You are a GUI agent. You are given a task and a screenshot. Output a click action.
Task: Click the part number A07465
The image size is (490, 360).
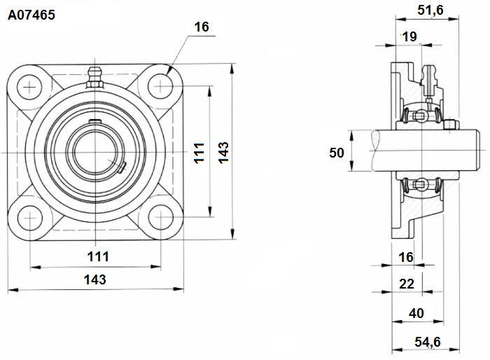(x=31, y=15)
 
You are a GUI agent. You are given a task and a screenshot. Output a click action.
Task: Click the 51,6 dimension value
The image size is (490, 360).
(x=430, y=10)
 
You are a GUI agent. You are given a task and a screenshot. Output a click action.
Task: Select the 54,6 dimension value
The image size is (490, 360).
(x=428, y=342)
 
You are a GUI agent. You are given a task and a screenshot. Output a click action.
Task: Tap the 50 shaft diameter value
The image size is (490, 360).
(x=336, y=153)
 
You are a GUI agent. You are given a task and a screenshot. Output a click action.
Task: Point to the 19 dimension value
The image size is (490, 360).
(x=409, y=37)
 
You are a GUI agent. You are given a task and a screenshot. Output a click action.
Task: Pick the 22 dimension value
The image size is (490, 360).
(x=407, y=284)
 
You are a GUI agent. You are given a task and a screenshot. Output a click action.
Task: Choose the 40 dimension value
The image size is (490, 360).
(x=416, y=313)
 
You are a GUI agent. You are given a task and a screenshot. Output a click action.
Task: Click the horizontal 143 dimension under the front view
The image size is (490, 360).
(x=95, y=279)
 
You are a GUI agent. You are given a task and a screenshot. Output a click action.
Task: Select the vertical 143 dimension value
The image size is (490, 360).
(x=223, y=153)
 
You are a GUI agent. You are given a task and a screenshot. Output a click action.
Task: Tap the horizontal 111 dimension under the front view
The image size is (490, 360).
(x=98, y=257)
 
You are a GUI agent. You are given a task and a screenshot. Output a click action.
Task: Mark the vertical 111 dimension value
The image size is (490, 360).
(x=199, y=153)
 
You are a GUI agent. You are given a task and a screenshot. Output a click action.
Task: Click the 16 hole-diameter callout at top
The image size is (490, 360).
(x=202, y=27)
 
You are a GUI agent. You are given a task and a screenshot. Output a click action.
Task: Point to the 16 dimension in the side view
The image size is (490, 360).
(x=406, y=258)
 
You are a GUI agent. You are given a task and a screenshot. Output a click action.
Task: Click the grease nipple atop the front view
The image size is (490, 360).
(x=94, y=77)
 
